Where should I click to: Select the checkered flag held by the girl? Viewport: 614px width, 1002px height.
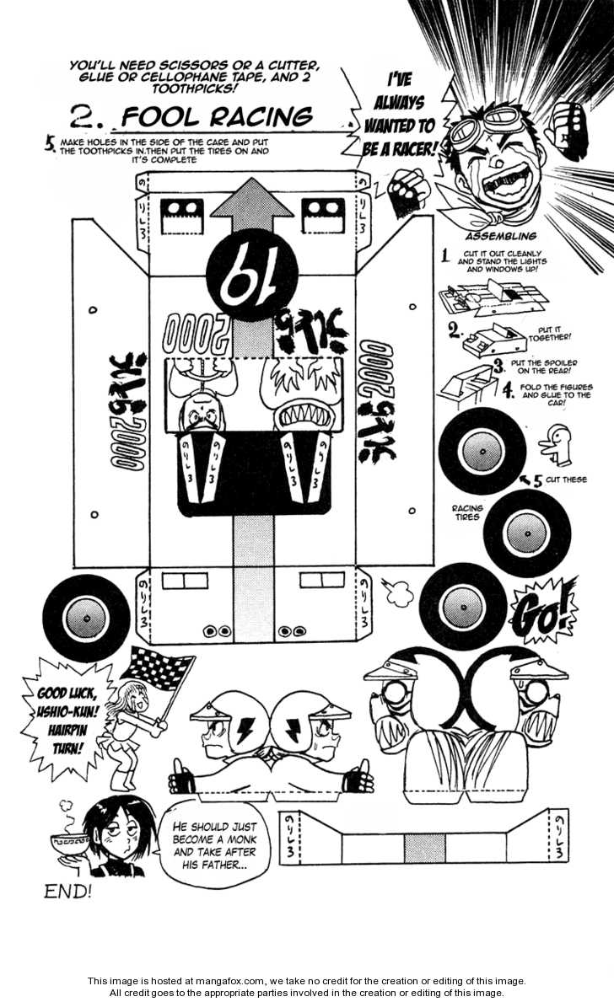pos(158,672)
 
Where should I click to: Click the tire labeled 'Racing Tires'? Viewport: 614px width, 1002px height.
pos(526,533)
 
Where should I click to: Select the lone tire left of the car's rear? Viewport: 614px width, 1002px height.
pos(87,618)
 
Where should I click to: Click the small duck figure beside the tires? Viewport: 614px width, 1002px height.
pos(558,444)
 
